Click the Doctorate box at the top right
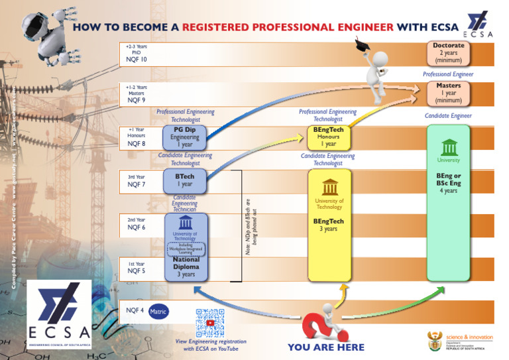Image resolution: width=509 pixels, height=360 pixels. click(x=449, y=52)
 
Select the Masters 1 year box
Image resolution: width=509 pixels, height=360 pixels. click(x=449, y=93)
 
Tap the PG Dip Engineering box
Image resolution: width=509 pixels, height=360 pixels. click(x=185, y=137)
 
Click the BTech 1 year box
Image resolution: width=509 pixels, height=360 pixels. click(x=185, y=180)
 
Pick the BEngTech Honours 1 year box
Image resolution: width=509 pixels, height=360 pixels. click(x=328, y=137)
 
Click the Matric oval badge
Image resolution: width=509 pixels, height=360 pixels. click(x=158, y=310)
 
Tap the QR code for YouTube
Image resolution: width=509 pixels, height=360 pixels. click(x=210, y=322)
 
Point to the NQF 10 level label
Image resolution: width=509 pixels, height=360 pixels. click(x=137, y=59)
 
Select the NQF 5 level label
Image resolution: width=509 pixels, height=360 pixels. click(x=137, y=270)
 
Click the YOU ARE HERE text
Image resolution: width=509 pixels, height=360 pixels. click(x=326, y=347)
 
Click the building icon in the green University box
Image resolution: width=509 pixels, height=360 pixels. click(x=449, y=147)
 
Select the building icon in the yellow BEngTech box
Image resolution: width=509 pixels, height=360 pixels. click(x=328, y=188)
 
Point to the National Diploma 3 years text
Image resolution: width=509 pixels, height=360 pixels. click(x=186, y=267)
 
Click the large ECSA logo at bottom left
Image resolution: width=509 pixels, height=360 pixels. click(x=59, y=314)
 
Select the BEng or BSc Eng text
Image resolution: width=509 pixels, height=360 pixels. click(x=449, y=179)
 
